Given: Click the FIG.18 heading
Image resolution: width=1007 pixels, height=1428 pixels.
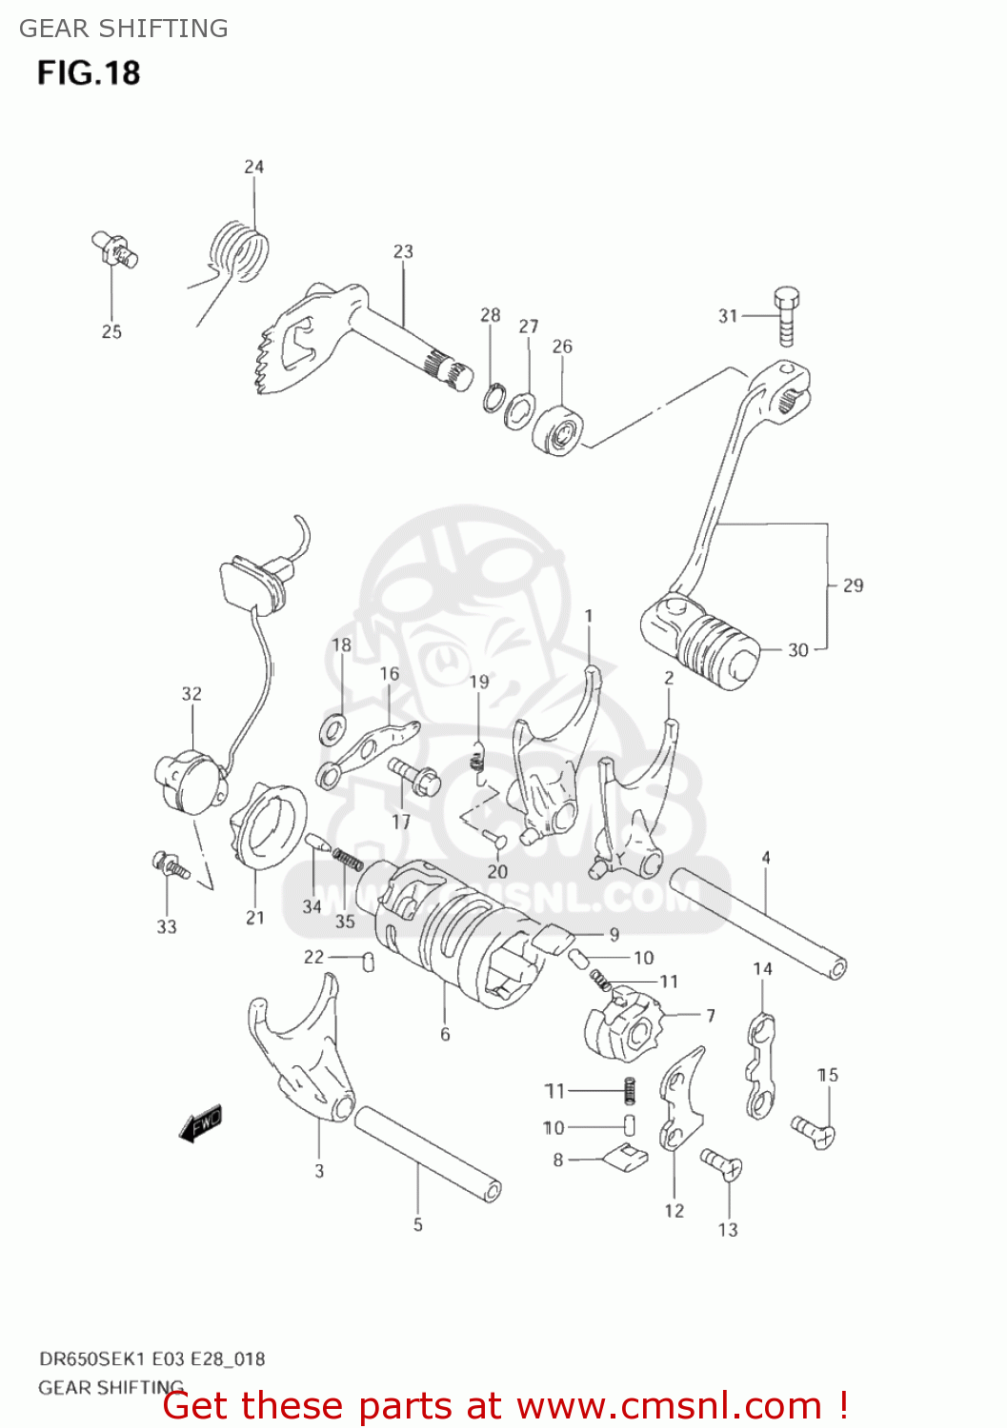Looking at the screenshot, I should pyautogui.click(x=89, y=73).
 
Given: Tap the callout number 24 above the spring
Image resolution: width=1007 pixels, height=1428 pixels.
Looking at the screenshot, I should pyautogui.click(x=253, y=167).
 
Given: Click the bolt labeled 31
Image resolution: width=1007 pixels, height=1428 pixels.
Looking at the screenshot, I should pyautogui.click(x=787, y=315).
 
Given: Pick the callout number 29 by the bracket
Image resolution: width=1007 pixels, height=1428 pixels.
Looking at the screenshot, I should pyautogui.click(x=853, y=585).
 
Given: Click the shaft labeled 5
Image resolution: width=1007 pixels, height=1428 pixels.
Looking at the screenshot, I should pyautogui.click(x=428, y=1152).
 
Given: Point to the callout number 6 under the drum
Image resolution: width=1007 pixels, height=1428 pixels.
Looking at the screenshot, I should pyautogui.click(x=445, y=1034).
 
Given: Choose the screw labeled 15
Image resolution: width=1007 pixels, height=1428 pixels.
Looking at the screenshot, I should pyautogui.click(x=813, y=1130).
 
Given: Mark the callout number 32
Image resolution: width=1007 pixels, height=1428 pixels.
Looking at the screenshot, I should pyautogui.click(x=191, y=694).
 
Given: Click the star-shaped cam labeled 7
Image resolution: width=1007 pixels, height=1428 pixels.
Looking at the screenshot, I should pyautogui.click(x=622, y=1028).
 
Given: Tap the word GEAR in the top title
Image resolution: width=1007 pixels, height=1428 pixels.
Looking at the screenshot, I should pyautogui.click(x=52, y=29).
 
